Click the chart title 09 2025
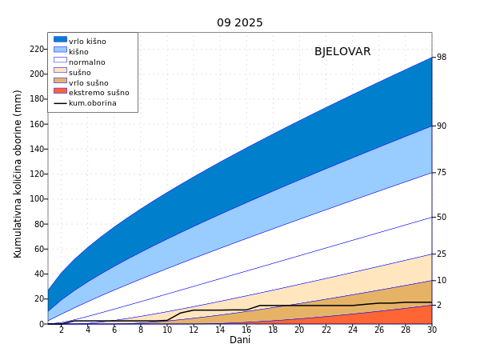point(240,22)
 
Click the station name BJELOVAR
point(342,52)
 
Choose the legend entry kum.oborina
point(92,103)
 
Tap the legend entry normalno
point(86,62)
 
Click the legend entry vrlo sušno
point(88,82)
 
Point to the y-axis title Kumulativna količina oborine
point(18,174)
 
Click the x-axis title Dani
point(240,340)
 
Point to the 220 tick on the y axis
point(36,49)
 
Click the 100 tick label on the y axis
point(36,199)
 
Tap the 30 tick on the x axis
point(432,330)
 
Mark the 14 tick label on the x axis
point(220,330)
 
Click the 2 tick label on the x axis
point(62,330)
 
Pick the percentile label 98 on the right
point(442,58)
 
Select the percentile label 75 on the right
point(442,173)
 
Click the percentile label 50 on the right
point(442,217)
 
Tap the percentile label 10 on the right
point(442,280)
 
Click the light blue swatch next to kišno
point(60,50)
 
